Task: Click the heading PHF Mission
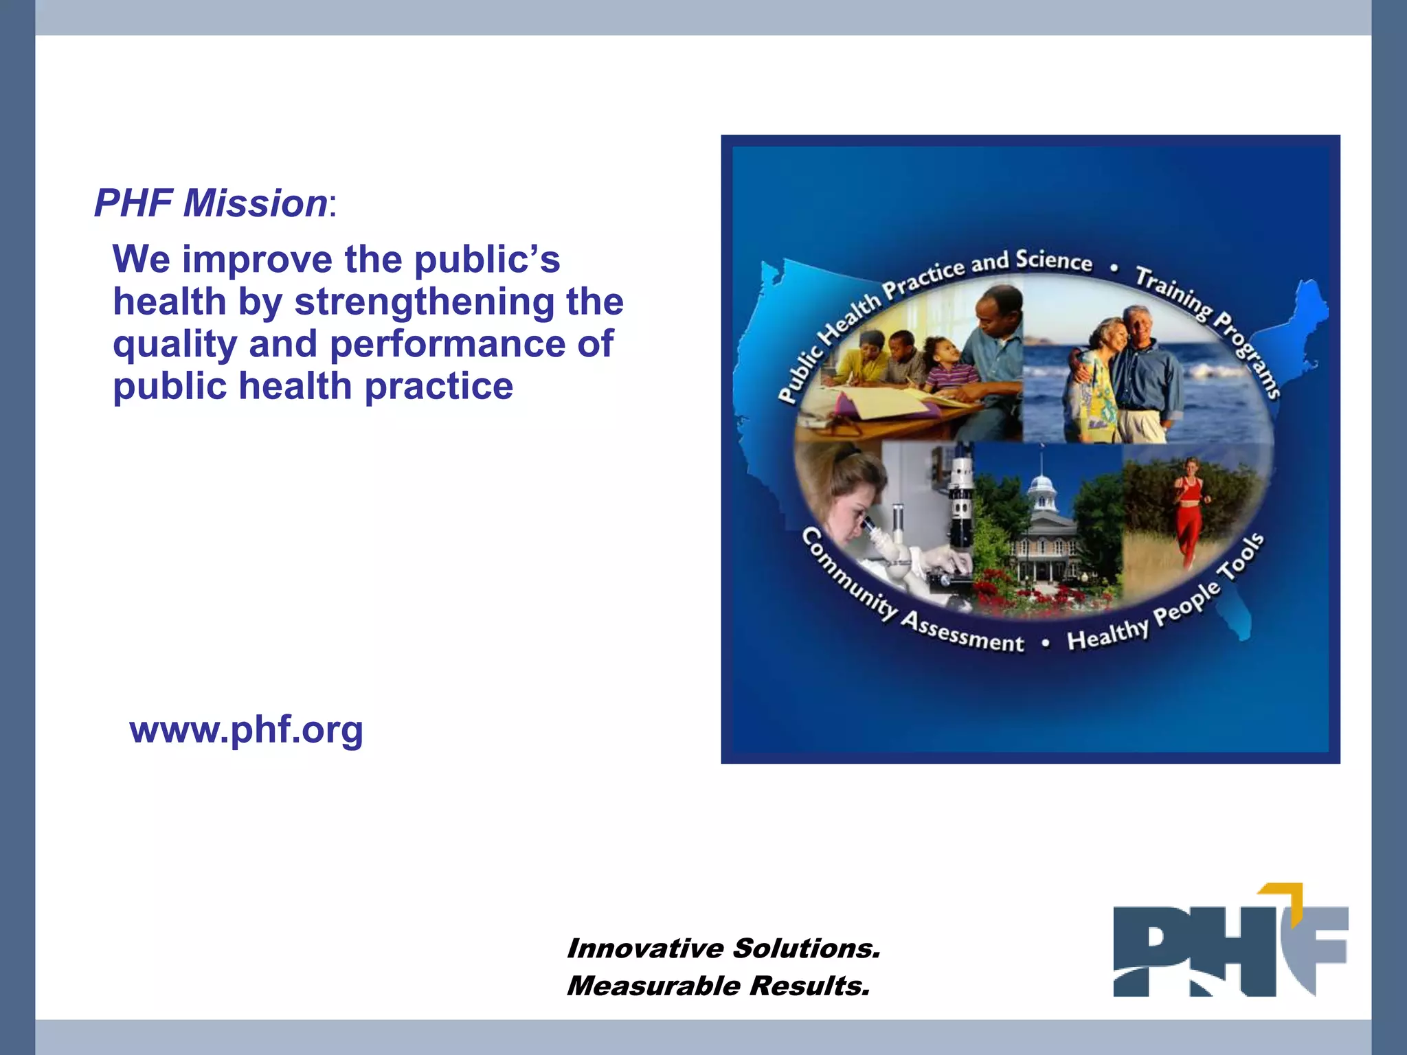point(210,204)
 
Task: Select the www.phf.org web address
point(246,729)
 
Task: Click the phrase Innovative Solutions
point(723,949)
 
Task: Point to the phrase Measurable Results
point(718,986)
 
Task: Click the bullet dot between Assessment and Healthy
point(1046,644)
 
